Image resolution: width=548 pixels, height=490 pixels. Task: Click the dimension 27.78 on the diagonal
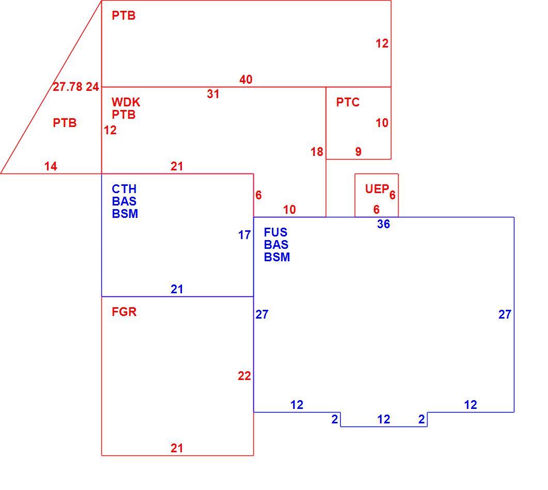[x=67, y=87]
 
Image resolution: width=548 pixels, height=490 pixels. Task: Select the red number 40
[x=246, y=80]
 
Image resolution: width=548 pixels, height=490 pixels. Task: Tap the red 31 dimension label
[x=213, y=94]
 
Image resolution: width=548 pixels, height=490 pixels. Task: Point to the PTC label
[x=348, y=102]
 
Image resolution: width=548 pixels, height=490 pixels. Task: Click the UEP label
[x=377, y=189]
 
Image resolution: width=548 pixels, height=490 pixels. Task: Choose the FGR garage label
[x=124, y=312]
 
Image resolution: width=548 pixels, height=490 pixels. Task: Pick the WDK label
[x=126, y=102]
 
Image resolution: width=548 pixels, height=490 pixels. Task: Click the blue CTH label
[x=124, y=189]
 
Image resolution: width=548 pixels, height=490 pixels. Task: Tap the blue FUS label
[x=276, y=232]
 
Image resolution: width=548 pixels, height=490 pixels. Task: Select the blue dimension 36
[x=384, y=224]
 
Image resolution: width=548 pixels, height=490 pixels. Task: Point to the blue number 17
[x=245, y=235]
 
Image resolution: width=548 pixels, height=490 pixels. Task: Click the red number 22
[x=245, y=376]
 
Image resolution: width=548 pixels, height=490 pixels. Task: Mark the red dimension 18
[x=317, y=152]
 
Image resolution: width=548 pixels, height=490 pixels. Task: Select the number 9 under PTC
[x=358, y=152]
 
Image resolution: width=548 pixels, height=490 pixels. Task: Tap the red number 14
[x=51, y=166]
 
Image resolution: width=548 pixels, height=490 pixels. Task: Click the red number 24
[x=93, y=87]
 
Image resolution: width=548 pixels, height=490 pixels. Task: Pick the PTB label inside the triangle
[x=65, y=123]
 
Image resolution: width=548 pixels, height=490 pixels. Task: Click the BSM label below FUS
[x=277, y=257]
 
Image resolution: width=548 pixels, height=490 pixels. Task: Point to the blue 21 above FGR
[x=177, y=289]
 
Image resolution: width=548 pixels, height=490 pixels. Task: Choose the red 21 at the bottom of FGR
[x=177, y=448]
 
